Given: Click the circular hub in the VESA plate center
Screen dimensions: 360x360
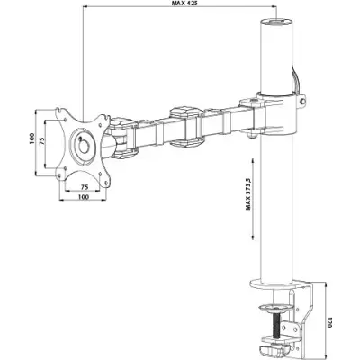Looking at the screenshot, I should coord(82,144).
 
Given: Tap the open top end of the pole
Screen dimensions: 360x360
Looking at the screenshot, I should coord(273,21).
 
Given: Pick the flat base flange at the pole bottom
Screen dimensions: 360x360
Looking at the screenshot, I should coord(275,290).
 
